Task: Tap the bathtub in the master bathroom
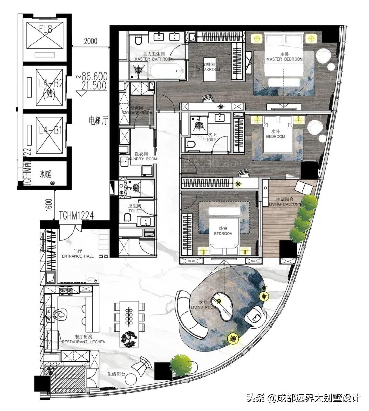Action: click(x=166, y=71)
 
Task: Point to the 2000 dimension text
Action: click(x=91, y=41)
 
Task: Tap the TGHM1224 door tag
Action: click(x=76, y=215)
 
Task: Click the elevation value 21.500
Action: click(x=91, y=85)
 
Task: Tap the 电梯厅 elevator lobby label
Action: click(x=98, y=120)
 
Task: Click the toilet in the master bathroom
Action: click(x=138, y=40)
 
